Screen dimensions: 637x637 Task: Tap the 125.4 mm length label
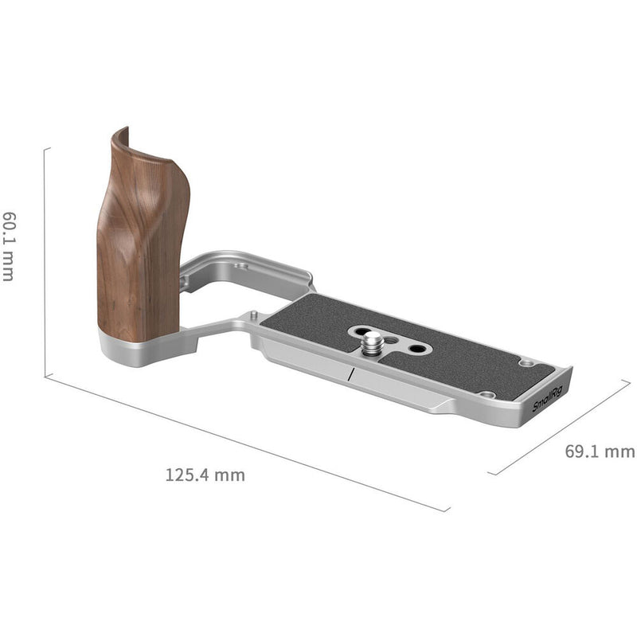[205, 476]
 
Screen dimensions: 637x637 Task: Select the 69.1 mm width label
[599, 451]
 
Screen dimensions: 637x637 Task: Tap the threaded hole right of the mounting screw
[416, 349]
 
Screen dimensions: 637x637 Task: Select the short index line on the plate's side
[349, 376]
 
